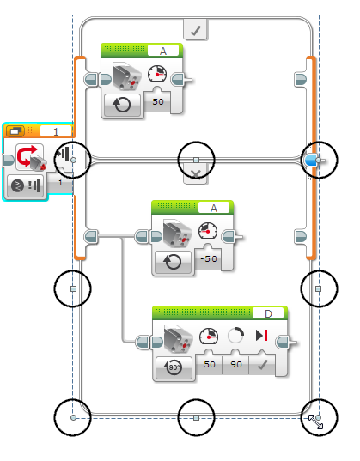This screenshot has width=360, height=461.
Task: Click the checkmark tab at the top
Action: [195, 30]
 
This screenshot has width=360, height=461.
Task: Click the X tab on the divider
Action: [195, 174]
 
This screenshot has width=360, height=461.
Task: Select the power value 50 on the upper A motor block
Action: [158, 101]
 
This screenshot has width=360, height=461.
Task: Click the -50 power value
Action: [209, 258]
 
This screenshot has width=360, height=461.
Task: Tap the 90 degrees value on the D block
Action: [236, 365]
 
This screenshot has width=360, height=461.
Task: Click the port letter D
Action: [268, 314]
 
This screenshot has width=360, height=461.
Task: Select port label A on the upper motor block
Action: [163, 52]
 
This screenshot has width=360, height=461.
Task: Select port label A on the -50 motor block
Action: [214, 208]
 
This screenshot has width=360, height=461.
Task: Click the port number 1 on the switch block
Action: [56, 131]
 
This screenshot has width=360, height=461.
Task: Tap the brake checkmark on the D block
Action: [262, 365]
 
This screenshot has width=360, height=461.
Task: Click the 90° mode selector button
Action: [174, 367]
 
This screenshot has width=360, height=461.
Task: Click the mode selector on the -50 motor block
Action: [173, 262]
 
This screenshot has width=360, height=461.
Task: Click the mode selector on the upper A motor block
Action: [122, 105]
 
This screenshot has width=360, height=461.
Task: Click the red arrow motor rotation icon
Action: [30, 158]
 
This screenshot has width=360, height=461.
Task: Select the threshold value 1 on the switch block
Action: [60, 183]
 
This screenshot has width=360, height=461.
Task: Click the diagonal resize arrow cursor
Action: [315, 422]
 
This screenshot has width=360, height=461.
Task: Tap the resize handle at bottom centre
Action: [197, 417]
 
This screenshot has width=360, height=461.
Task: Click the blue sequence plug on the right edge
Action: [311, 161]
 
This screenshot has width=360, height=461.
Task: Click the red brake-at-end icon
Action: [262, 336]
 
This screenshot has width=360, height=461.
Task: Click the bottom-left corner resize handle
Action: [73, 417]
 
